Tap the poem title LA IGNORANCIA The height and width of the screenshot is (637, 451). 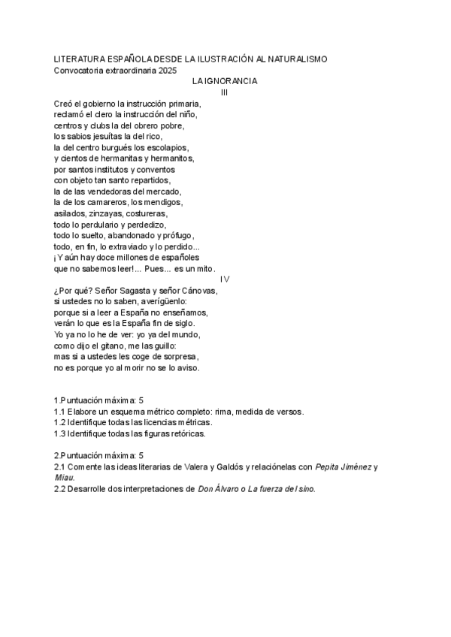(225, 80)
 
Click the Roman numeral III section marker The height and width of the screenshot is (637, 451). (224, 92)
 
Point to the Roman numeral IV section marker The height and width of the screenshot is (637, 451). (225, 279)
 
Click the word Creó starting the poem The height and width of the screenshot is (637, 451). (64, 103)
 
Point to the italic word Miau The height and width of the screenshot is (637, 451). (64, 477)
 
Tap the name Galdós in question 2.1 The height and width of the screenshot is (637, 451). (229, 466)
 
